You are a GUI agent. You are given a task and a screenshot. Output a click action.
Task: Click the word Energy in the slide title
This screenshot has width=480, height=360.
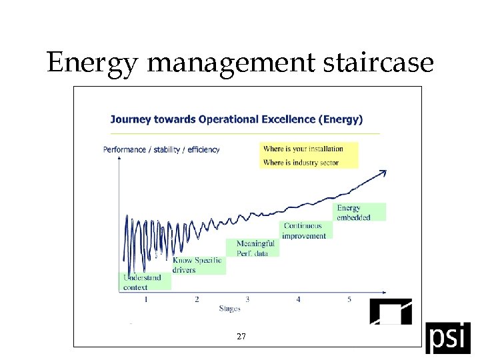click(93, 63)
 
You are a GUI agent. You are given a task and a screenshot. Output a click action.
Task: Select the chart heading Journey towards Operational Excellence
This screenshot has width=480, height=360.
click(236, 120)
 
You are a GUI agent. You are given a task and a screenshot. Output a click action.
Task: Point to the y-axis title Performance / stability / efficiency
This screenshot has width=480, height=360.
click(161, 150)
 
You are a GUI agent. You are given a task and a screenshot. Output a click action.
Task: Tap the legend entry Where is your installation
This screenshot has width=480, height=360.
click(303, 149)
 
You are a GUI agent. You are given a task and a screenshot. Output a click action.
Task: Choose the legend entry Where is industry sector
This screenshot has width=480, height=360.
click(301, 163)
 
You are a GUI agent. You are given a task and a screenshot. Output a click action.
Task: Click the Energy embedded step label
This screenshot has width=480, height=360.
click(354, 213)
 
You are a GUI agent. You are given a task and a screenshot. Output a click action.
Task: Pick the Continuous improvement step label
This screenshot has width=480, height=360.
click(305, 231)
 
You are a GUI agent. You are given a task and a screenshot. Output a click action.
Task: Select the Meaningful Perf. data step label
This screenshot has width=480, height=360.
click(255, 248)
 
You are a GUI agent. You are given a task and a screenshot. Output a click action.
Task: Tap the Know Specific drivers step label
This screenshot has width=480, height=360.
click(197, 265)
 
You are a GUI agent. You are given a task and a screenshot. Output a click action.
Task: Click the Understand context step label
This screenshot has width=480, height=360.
click(142, 282)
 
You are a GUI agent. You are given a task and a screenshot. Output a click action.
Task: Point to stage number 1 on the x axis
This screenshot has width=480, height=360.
click(146, 299)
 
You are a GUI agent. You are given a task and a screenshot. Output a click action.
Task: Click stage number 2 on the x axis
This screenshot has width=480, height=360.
click(197, 299)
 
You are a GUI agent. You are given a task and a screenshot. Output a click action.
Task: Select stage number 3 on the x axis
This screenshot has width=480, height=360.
click(247, 299)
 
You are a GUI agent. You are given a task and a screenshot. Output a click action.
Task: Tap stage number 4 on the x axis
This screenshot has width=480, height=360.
click(298, 299)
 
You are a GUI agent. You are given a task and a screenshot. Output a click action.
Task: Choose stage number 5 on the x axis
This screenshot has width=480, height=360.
click(349, 299)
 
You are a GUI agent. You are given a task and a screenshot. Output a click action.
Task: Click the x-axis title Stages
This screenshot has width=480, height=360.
click(229, 309)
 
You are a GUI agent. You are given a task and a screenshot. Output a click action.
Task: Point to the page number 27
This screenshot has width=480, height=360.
click(241, 337)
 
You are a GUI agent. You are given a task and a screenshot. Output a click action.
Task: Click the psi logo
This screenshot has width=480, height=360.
click(447, 337)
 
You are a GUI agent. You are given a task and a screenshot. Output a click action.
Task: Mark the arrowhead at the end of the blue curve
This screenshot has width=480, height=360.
click(383, 173)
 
